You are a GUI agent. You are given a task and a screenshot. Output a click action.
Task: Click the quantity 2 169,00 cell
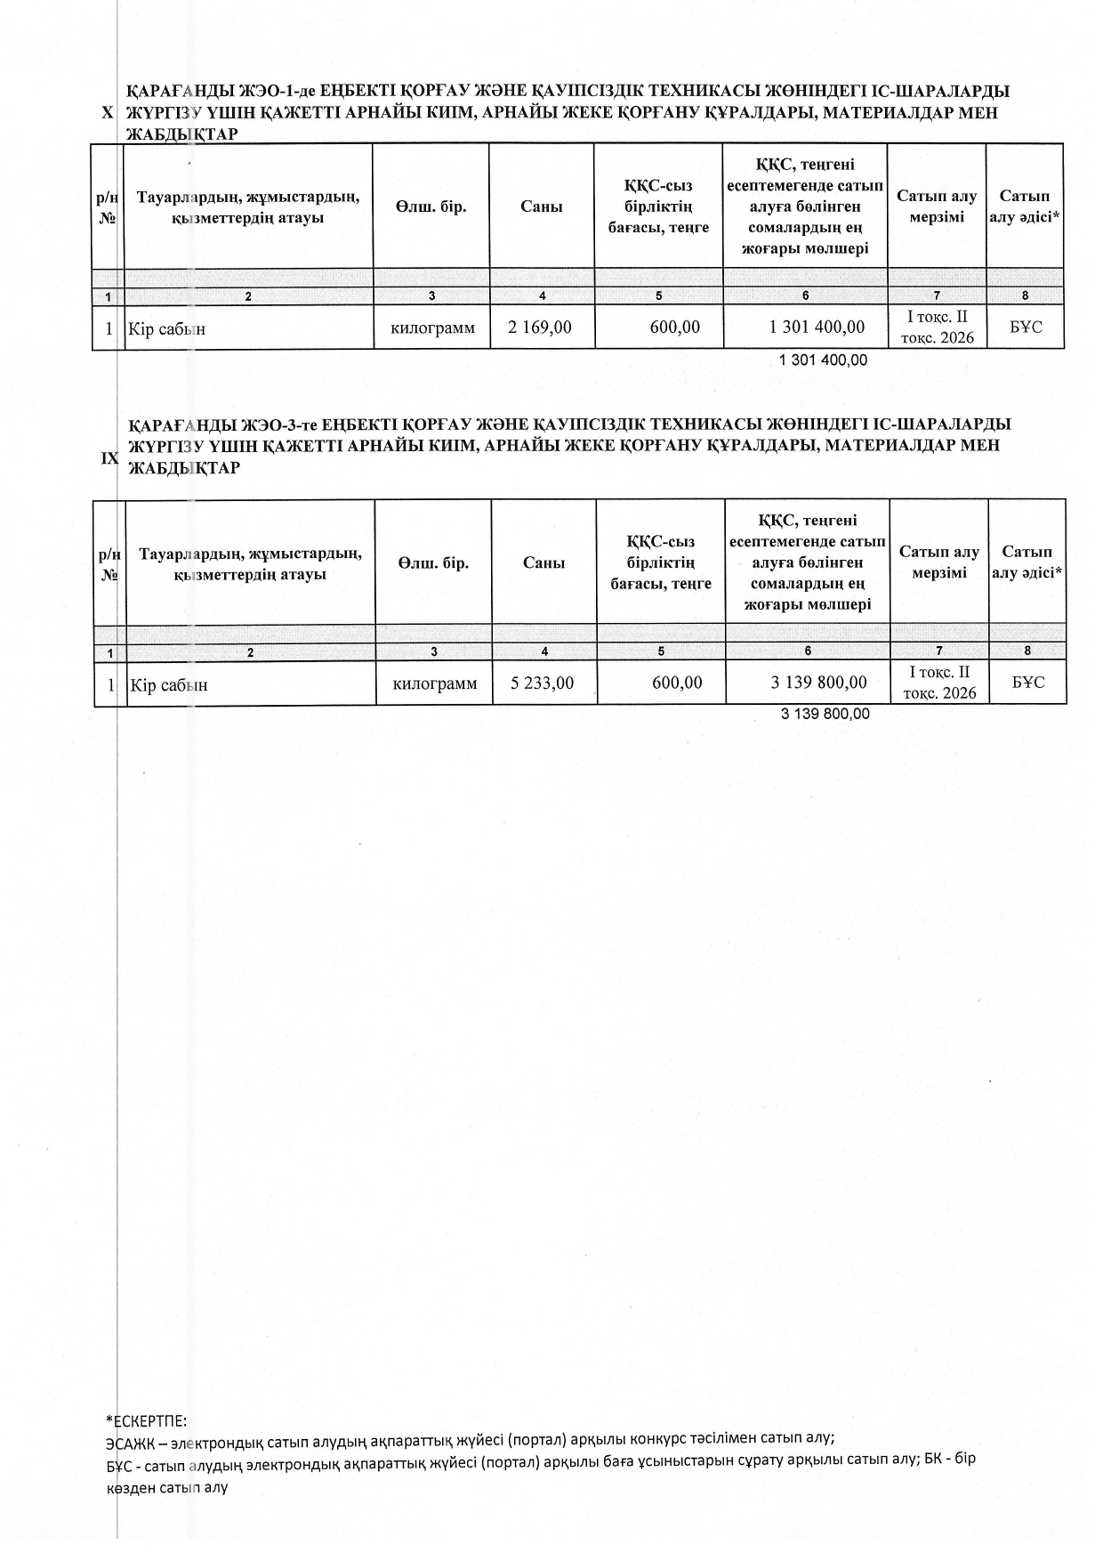pos(540,328)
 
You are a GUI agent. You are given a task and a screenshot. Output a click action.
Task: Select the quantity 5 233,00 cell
pos(543,683)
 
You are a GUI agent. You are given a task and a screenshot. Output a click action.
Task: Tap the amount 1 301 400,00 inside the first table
pos(817,328)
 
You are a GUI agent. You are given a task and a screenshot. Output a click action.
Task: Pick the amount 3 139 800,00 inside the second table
pos(819,683)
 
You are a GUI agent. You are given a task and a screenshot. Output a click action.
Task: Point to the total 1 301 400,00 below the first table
pos(823,360)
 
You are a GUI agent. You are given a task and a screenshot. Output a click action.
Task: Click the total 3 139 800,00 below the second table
pos(825,715)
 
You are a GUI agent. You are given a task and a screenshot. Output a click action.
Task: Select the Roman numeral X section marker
pos(108,113)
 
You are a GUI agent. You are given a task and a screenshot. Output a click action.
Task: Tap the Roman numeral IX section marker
pos(109,458)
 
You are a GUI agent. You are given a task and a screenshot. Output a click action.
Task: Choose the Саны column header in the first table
pos(542,206)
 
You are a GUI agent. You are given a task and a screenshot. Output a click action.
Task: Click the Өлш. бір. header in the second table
pos(433,563)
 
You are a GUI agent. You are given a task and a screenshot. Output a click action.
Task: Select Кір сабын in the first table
pos(167,329)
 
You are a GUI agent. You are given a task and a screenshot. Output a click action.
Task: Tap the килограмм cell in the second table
pos(435,683)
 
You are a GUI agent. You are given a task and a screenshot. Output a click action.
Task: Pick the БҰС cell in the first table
pos(1026,328)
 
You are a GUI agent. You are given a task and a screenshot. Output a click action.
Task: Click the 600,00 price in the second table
pos(677,683)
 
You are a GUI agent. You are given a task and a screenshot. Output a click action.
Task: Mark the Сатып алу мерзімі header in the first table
pos(937,206)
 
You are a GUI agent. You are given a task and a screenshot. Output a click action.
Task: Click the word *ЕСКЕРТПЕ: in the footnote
pos(146,1422)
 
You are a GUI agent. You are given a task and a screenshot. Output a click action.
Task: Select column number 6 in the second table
pos(808,651)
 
